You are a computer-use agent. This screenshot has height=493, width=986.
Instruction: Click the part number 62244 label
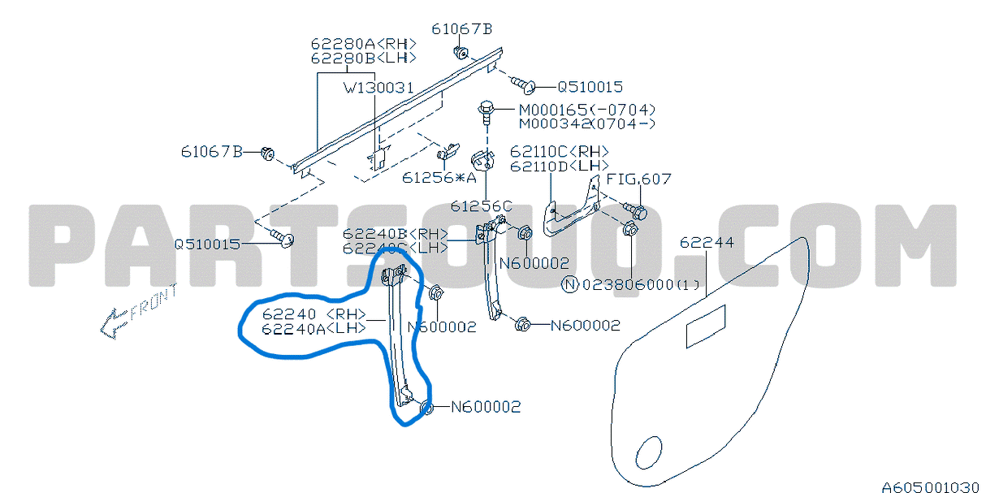[x=706, y=243]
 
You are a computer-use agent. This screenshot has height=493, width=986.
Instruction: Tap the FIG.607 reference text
[x=638, y=179]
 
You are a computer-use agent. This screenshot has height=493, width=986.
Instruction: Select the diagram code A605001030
[x=932, y=487]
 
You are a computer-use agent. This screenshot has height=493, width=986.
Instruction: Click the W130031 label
[x=378, y=86]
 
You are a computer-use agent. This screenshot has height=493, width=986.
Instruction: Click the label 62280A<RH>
[x=363, y=44]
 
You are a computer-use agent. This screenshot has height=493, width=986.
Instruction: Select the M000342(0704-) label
[x=586, y=123]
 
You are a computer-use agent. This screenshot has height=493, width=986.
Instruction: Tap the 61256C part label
[x=482, y=206]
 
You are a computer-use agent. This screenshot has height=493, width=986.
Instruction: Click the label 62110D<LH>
[x=559, y=166]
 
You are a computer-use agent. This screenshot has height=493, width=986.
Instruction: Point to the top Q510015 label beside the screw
[x=590, y=87]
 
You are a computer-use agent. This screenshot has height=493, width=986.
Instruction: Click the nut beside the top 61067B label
[x=461, y=54]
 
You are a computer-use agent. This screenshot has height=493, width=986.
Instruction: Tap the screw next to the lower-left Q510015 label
[x=284, y=237]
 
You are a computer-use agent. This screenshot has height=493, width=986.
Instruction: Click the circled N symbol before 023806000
[x=571, y=284]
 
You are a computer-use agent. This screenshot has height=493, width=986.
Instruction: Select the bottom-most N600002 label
[x=485, y=407]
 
